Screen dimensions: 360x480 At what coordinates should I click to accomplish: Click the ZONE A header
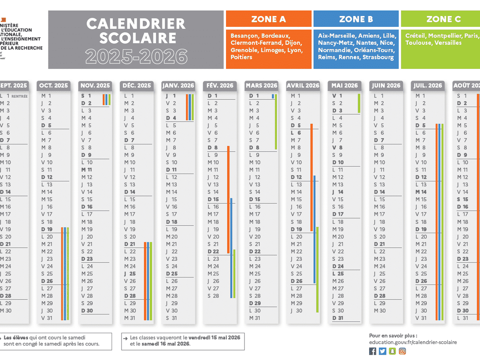[268, 19]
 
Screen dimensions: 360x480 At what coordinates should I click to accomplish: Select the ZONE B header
[356, 19]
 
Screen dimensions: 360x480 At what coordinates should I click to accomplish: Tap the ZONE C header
[444, 19]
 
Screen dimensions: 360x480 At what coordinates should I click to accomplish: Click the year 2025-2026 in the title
[136, 56]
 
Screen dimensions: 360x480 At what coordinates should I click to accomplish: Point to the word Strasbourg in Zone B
[378, 57]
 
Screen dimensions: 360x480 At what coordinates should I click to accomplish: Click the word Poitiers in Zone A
[241, 57]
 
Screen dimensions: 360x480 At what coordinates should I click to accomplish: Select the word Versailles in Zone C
[448, 43]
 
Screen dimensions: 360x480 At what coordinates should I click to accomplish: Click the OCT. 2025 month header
[53, 85]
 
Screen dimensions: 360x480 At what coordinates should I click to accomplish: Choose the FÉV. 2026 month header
[220, 85]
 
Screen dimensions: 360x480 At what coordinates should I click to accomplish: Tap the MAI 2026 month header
[345, 85]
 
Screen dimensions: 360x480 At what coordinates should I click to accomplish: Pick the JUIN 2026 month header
[386, 85]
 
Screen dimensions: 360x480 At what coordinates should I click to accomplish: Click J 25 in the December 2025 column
[130, 274]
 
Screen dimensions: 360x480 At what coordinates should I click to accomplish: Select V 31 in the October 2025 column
[47, 318]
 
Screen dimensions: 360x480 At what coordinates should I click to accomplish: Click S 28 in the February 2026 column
[213, 296]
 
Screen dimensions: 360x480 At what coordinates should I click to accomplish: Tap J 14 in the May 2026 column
[338, 192]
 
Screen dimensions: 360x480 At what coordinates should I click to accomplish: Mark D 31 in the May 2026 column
[338, 318]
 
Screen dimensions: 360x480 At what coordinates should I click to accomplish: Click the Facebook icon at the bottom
[373, 351]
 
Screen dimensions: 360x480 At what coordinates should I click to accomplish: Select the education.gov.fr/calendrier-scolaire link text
[413, 342]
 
